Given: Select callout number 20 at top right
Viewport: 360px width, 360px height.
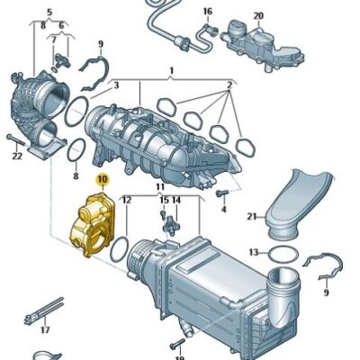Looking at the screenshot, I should click(258, 16).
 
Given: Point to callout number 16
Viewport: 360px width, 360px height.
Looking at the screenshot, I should click(208, 12).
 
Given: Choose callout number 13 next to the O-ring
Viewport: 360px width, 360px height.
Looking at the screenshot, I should click(254, 252).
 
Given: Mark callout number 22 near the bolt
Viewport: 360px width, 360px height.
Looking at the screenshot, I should click(16, 157).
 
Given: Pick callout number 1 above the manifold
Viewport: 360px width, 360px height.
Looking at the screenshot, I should click(170, 69).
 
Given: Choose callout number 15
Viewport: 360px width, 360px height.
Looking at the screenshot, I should click(164, 200).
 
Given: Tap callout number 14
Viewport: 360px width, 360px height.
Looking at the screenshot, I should click(176, 200).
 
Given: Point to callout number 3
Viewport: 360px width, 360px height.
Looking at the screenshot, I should click(114, 85).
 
